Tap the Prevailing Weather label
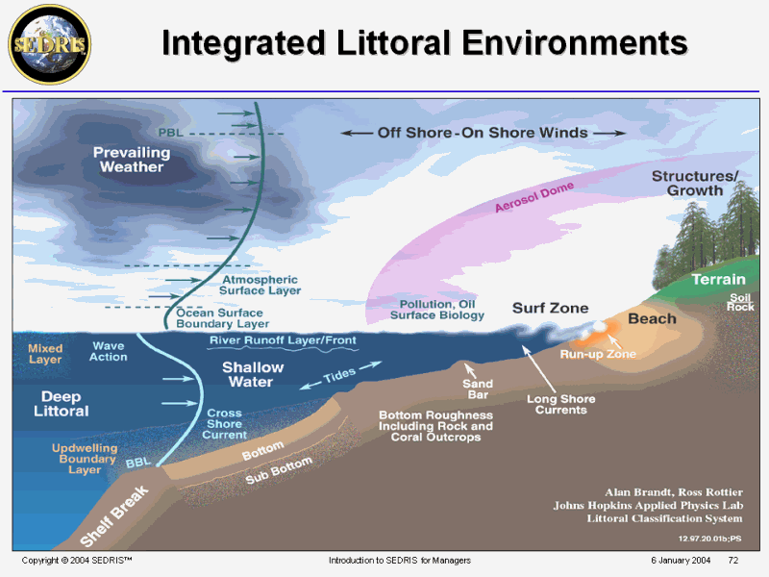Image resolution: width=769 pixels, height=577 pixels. pyautogui.click(x=129, y=160)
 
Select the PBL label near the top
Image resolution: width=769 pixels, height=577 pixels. pyautogui.click(x=169, y=131)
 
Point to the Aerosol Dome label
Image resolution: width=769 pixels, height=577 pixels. pyautogui.click(x=534, y=196)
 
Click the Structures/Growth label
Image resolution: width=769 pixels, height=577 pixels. pyautogui.click(x=695, y=183)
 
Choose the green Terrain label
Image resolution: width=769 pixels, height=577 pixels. pyautogui.click(x=718, y=279)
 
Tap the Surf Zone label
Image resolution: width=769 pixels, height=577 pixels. pyautogui.click(x=550, y=308)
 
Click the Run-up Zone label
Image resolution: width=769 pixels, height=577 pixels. pyautogui.click(x=598, y=354)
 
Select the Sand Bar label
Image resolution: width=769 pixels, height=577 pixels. pyautogui.click(x=479, y=389)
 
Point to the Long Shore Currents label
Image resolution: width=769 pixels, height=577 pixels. pyautogui.click(x=560, y=404)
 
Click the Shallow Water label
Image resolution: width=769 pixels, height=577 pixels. pyautogui.click(x=253, y=374)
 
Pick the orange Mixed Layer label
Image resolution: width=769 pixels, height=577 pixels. pyautogui.click(x=45, y=354)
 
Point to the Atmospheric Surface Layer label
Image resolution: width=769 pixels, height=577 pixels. pyautogui.click(x=260, y=284)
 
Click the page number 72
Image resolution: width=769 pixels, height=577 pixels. pyautogui.click(x=732, y=560)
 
